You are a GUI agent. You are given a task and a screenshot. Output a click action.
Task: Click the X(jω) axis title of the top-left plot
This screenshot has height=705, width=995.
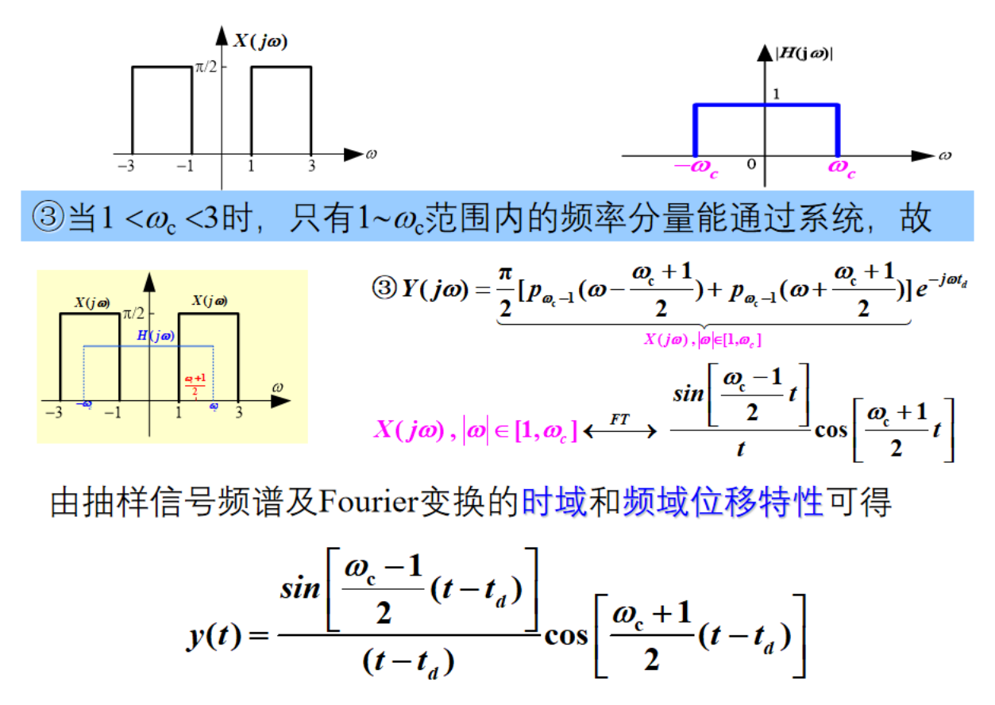260,41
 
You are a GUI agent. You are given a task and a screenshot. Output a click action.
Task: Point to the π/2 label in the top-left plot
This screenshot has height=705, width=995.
206,67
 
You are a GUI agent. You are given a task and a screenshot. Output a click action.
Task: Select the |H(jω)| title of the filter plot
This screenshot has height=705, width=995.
804,54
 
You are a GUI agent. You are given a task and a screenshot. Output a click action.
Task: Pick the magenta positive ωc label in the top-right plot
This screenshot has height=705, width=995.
842,168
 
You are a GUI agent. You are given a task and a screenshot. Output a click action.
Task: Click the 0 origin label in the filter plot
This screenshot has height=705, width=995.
751,164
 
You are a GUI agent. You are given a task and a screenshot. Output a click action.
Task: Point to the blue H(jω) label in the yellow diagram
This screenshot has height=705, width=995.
156,336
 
